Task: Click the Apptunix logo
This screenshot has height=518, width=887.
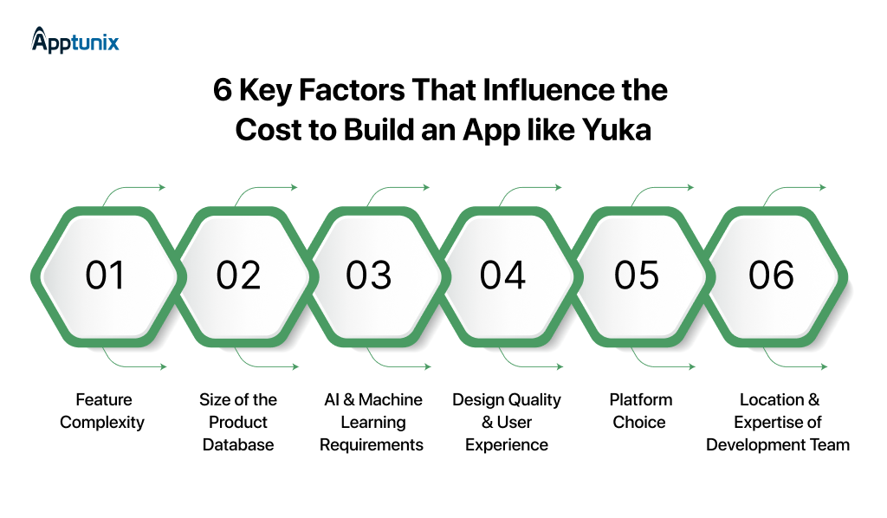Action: [75, 40]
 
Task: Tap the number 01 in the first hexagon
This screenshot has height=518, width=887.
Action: [105, 275]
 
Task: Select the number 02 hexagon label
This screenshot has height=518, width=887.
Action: [238, 275]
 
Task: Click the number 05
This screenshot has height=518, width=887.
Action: [637, 275]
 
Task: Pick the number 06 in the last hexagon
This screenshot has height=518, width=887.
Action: [771, 275]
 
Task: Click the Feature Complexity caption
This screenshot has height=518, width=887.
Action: [103, 411]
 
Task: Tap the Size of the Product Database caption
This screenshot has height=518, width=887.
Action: [238, 423]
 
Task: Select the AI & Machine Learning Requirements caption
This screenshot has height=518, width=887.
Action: [372, 423]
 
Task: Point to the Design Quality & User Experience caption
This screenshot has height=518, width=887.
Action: [507, 423]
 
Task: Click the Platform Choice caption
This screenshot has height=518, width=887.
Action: [640, 411]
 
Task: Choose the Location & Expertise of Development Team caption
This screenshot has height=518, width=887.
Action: [778, 423]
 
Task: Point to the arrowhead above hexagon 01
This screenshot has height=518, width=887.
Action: [161, 187]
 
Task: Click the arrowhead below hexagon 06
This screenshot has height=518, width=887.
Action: [823, 368]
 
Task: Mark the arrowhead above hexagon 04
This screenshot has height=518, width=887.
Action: [559, 187]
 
